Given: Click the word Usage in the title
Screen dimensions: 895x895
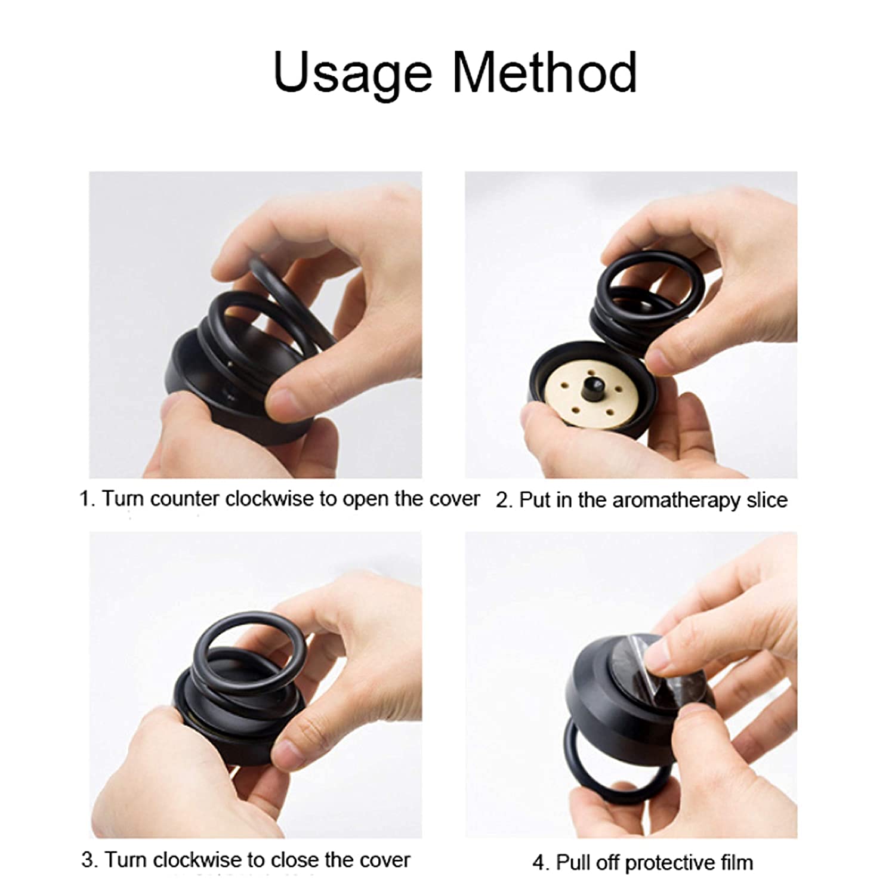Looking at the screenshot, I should click(352, 73).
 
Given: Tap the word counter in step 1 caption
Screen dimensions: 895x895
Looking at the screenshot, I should click(184, 499).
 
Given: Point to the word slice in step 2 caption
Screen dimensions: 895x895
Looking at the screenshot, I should click(767, 500).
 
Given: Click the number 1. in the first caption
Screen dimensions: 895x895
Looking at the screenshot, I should click(87, 499).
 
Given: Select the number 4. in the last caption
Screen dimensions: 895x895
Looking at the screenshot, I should click(540, 863).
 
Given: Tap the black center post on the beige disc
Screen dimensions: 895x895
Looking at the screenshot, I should click(591, 388).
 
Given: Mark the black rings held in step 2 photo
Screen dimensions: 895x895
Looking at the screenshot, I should click(650, 292).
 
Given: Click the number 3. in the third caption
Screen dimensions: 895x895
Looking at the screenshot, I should click(89, 860).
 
